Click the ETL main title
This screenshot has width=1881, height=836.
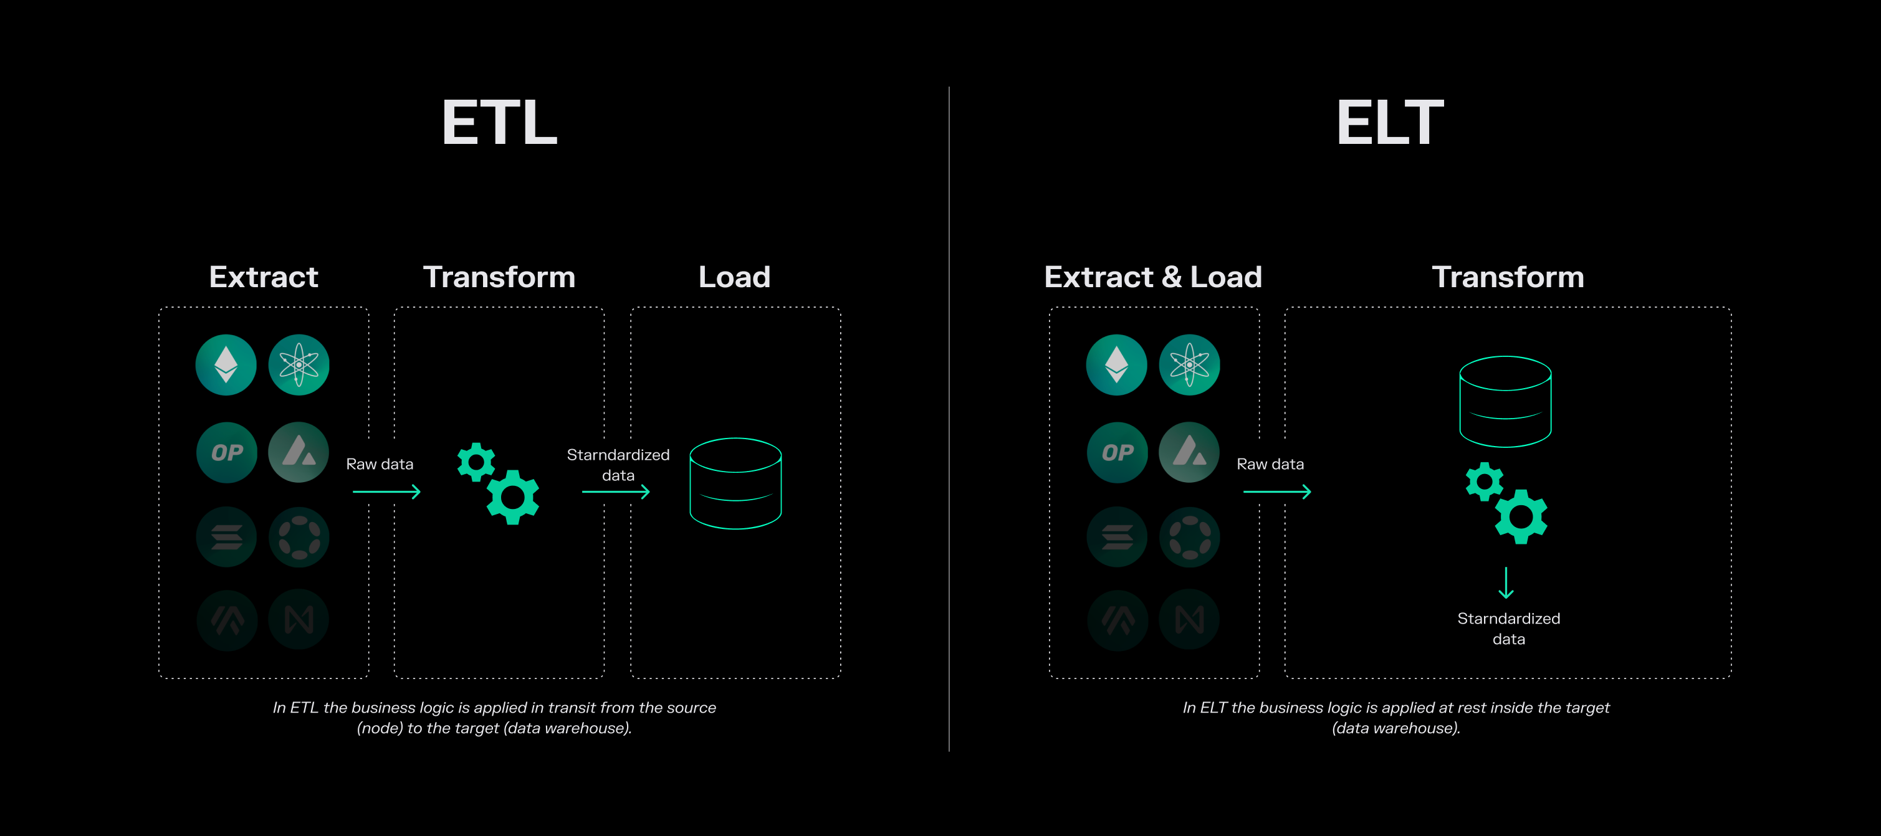[x=499, y=123]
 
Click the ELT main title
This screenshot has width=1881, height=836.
[x=1390, y=123]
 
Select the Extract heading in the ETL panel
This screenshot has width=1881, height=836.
[x=264, y=277]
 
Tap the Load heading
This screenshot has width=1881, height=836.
[x=735, y=277]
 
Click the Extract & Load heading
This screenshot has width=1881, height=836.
[x=1153, y=277]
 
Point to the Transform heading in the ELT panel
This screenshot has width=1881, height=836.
[x=1508, y=277]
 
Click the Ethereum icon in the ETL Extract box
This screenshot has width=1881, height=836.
[x=226, y=365]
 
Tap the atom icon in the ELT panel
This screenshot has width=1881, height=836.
[x=1190, y=365]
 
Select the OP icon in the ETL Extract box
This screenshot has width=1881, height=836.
[x=227, y=453]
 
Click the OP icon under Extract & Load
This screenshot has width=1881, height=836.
[x=1118, y=453]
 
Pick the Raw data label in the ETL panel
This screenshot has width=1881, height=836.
[x=380, y=464]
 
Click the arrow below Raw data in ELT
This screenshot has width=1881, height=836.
[x=1277, y=492]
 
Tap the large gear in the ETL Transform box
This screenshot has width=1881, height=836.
[x=514, y=497]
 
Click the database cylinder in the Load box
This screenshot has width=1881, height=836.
[x=735, y=483]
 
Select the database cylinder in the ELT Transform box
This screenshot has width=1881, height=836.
[x=1505, y=402]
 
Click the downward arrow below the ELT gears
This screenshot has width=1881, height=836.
[x=1506, y=582]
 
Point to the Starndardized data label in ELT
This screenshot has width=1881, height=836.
[x=1508, y=629]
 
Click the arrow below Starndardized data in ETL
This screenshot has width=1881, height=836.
[x=616, y=492]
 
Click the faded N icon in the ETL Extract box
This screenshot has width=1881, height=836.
[x=299, y=620]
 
